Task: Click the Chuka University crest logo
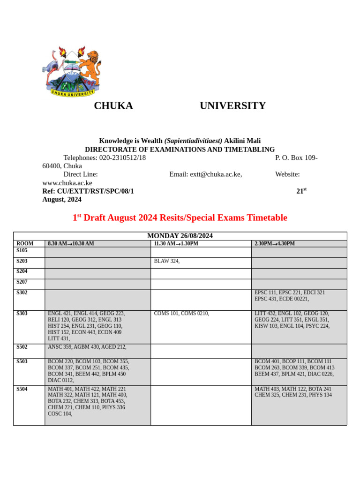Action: coord(71,71)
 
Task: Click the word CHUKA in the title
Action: coord(113,106)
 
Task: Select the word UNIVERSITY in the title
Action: coord(232,106)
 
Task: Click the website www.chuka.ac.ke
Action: coord(67,183)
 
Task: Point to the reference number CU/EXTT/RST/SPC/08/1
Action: coord(95,191)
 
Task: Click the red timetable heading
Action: coord(180,217)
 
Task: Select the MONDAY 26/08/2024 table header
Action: coord(180,236)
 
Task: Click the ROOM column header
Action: coord(25,244)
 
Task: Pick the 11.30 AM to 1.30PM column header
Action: coord(176,244)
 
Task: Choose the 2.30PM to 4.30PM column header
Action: coord(275,244)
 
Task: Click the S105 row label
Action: coord(22,250)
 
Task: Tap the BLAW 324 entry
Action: coord(166,261)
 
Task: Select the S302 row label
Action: coord(22,292)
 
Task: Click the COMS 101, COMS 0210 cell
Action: coord(181,313)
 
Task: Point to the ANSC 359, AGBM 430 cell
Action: coord(87,347)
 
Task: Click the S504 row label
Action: coord(22,389)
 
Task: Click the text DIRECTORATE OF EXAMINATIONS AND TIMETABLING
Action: coord(180,150)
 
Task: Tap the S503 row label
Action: coord(22,361)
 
